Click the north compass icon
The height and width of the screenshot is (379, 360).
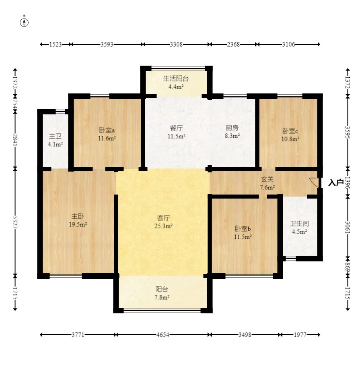(24, 22)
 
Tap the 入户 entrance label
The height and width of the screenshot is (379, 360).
(336, 182)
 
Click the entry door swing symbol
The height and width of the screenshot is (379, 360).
(315, 182)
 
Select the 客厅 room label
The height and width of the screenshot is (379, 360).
(163, 218)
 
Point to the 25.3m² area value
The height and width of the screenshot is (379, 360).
(163, 226)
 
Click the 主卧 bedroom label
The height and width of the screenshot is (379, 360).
(78, 216)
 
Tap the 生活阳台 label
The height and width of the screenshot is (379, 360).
(176, 78)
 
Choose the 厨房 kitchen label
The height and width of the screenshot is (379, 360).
(232, 128)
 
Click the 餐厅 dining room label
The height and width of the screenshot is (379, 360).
(176, 128)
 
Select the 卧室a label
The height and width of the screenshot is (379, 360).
(107, 130)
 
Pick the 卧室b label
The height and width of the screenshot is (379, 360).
(243, 228)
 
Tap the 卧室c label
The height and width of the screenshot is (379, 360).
(290, 131)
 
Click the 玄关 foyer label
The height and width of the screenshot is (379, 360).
(267, 179)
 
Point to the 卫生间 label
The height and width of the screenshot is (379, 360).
(299, 224)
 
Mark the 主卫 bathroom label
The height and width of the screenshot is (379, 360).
(55, 136)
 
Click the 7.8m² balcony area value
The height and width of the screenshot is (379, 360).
(162, 297)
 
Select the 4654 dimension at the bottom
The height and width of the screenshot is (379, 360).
(163, 335)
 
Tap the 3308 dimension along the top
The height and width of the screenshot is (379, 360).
(176, 44)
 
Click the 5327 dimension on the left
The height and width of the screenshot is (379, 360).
(15, 222)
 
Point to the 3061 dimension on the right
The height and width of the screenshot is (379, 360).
(348, 227)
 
